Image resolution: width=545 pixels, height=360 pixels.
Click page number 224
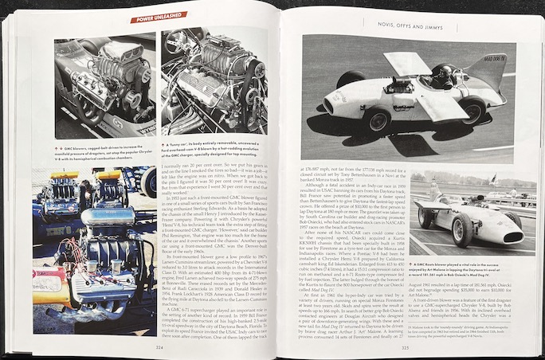[x=159, y=347]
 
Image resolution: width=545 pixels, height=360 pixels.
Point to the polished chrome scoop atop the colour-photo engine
[x=108, y=215]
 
